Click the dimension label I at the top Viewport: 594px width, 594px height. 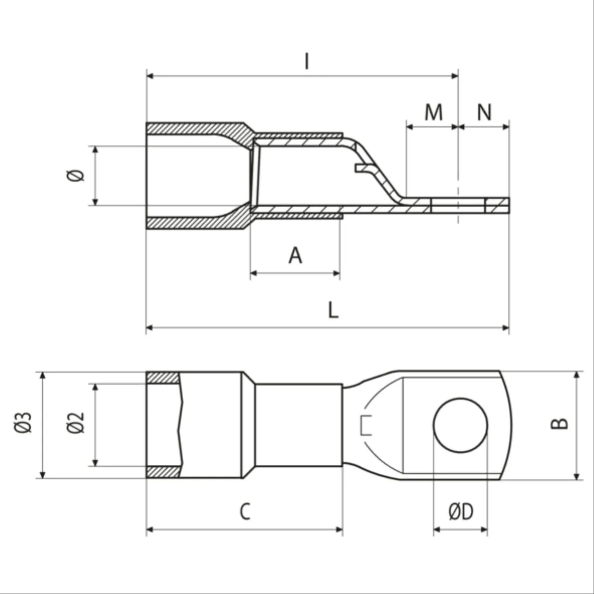pyautogui.click(x=307, y=61)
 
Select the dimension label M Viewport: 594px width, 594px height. pyautogui.click(x=434, y=112)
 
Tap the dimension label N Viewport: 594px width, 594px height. pyautogui.click(x=484, y=112)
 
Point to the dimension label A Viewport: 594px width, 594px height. pyautogui.click(x=295, y=256)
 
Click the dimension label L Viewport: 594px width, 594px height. pyautogui.click(x=333, y=310)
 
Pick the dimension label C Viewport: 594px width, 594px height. pyautogui.click(x=245, y=512)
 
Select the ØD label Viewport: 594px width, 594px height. pyautogui.click(x=461, y=512)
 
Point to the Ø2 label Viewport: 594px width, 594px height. pyautogui.click(x=75, y=422)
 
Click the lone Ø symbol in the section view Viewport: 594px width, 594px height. pyautogui.click(x=75, y=176)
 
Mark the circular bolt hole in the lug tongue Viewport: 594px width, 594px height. pyautogui.click(x=460, y=425)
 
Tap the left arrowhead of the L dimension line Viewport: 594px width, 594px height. pyautogui.click(x=149, y=327)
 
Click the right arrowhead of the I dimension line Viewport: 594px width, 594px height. pyautogui.click(x=455, y=76)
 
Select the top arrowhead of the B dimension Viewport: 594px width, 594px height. pyautogui.click(x=576, y=375)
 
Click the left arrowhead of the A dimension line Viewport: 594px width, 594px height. pyautogui.click(x=254, y=273)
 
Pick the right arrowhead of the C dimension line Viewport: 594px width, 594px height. pyautogui.click(x=339, y=529)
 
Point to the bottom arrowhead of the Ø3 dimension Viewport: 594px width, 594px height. pyautogui.click(x=42, y=475)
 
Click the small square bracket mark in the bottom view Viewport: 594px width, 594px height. pyautogui.click(x=365, y=426)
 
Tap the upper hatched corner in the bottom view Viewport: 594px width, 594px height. pyautogui.click(x=162, y=378)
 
